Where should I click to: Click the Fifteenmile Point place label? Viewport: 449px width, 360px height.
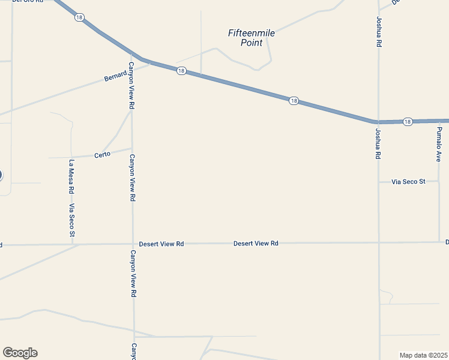(x=252, y=38)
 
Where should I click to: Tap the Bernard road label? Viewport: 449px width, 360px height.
(x=115, y=76)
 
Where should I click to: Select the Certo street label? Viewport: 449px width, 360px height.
(x=103, y=155)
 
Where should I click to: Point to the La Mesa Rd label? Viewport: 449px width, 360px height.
(x=71, y=176)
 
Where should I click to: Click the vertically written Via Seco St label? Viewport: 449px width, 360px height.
(x=71, y=220)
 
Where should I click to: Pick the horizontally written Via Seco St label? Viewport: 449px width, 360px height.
(x=408, y=181)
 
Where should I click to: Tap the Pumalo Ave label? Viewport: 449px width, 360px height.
(x=439, y=144)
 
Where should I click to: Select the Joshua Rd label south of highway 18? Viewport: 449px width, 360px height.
(x=378, y=143)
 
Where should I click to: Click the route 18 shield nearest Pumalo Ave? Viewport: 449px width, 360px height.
(x=408, y=121)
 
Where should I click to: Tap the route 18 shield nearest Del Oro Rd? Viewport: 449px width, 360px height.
(x=79, y=17)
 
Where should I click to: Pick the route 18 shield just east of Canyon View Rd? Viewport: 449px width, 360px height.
(x=181, y=71)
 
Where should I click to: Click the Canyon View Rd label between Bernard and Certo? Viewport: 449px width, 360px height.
(x=131, y=85)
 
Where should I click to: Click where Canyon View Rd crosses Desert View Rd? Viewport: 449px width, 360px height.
(x=133, y=244)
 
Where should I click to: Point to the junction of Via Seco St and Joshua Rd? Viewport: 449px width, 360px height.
(x=379, y=181)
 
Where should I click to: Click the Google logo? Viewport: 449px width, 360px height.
(x=20, y=353)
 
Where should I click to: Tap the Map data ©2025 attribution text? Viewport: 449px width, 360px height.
(x=423, y=355)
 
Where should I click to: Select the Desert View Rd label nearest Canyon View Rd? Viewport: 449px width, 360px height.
(x=161, y=244)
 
